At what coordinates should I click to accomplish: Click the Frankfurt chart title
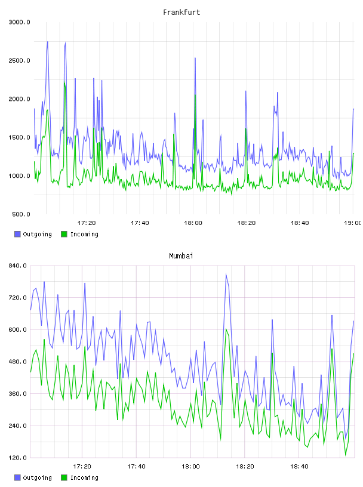click(181, 13)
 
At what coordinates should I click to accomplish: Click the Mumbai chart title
click(181, 256)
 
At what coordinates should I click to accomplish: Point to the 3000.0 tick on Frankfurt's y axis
click(19, 22)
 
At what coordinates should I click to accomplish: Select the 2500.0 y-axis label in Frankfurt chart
click(19, 60)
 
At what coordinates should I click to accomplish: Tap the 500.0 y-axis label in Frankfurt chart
click(21, 214)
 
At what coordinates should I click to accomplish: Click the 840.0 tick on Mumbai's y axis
click(17, 266)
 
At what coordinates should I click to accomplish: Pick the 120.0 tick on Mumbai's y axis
click(17, 458)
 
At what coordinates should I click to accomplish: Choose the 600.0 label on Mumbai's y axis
click(17, 329)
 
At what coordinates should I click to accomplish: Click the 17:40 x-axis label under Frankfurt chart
click(140, 223)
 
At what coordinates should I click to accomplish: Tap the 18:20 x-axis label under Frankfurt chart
click(247, 223)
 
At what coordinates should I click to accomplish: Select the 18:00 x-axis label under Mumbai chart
click(190, 467)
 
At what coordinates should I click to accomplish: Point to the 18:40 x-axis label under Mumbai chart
click(299, 467)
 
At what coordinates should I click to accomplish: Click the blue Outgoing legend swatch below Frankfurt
click(17, 234)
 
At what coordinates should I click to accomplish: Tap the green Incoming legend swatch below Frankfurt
click(64, 234)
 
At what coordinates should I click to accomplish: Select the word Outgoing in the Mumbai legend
click(37, 477)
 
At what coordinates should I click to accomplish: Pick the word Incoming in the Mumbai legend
click(84, 477)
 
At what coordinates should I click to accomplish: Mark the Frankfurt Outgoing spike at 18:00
click(195, 58)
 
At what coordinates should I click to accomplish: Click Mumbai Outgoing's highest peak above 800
click(226, 274)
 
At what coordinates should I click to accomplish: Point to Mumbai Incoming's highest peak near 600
click(226, 329)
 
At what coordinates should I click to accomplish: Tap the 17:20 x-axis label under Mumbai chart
click(82, 467)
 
